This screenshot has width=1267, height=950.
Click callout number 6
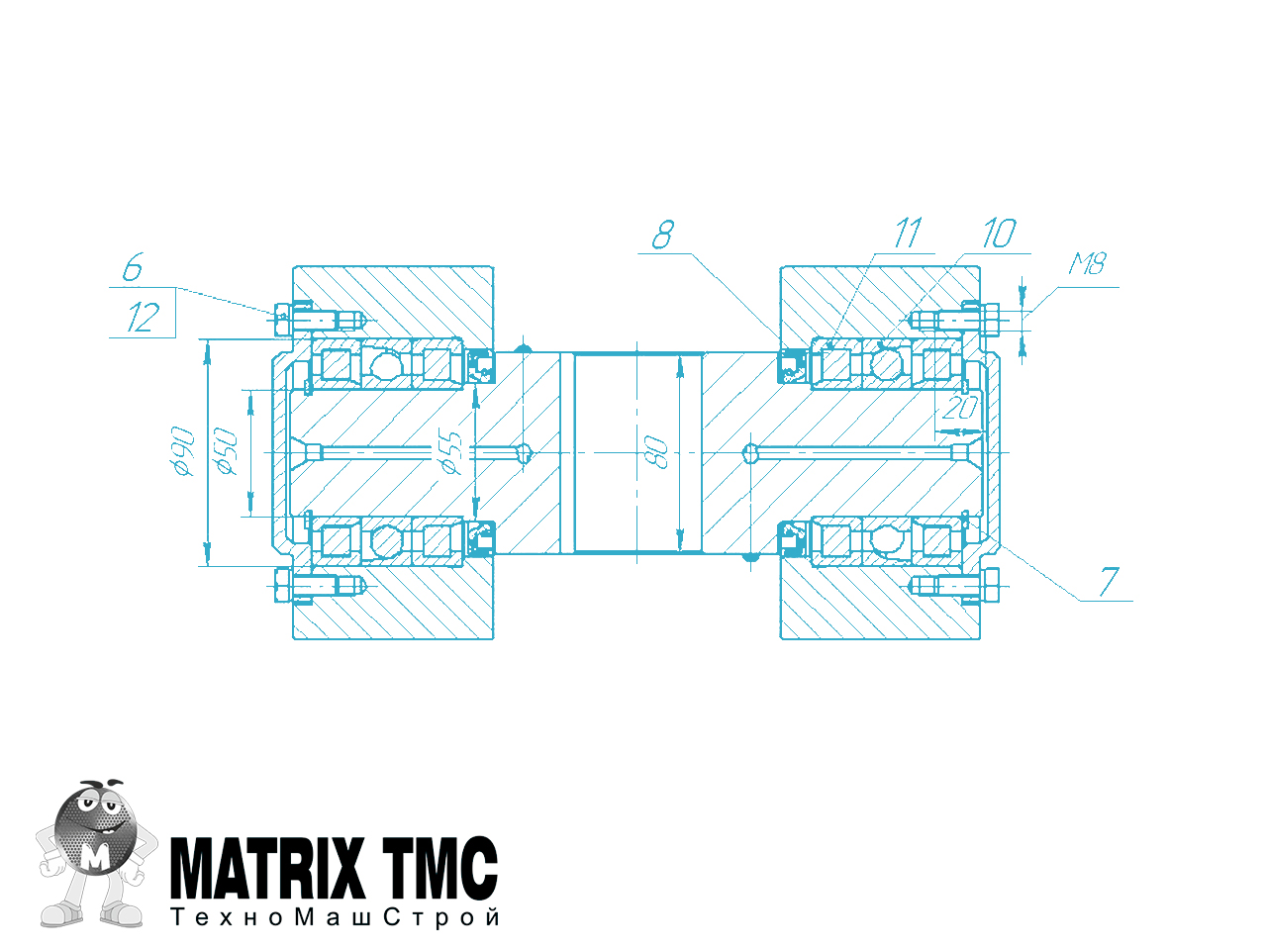(133, 267)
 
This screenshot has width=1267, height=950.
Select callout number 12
(143, 318)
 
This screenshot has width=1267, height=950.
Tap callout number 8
(662, 235)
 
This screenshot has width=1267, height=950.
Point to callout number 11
(908, 233)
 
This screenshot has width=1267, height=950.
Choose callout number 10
(999, 233)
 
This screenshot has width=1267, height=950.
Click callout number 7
(1109, 582)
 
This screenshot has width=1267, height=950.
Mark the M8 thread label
(1087, 264)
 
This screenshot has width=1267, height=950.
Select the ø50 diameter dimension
(226, 451)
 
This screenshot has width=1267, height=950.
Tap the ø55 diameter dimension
(450, 451)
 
